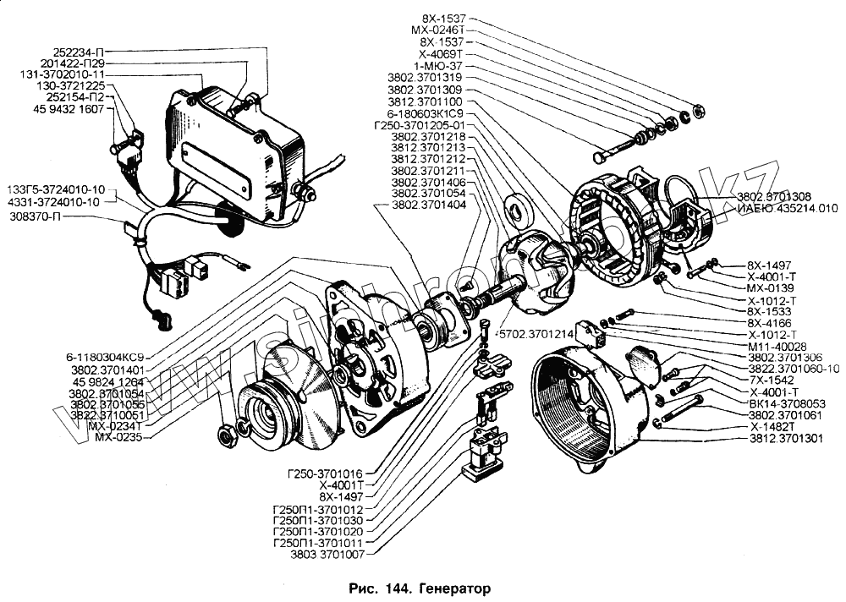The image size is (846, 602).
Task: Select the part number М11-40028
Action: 777,346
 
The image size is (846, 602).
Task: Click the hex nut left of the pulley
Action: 226,437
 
